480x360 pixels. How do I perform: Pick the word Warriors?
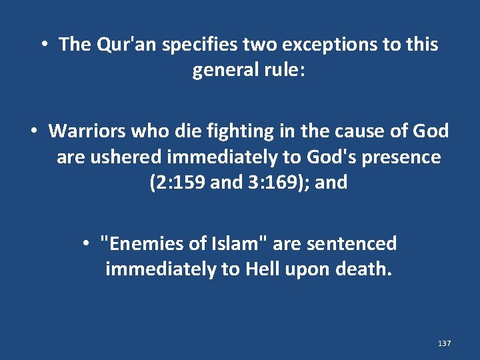(x=88, y=131)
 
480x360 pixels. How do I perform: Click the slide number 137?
(x=445, y=343)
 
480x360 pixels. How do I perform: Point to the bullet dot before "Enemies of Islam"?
(x=87, y=244)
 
